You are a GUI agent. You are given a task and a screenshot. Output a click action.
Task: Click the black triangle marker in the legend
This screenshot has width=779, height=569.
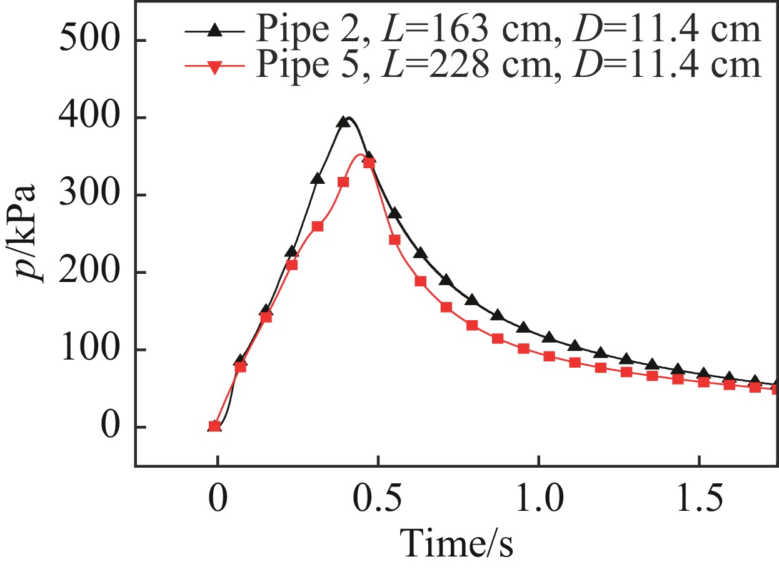[x=214, y=30]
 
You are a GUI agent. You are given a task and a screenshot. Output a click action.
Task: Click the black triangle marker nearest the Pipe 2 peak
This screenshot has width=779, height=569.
[x=343, y=121]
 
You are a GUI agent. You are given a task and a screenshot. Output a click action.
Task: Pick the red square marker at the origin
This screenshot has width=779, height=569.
[x=215, y=426]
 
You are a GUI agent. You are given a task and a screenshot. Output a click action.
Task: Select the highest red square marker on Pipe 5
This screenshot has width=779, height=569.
[x=369, y=163]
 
